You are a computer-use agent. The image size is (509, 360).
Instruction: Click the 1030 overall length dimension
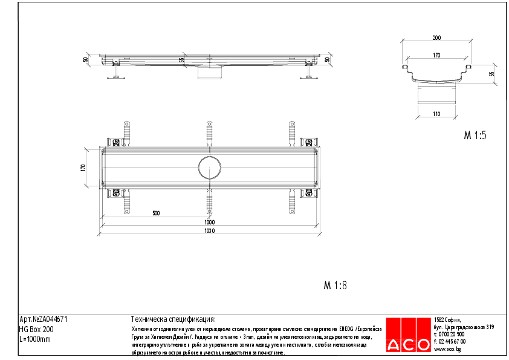pyautogui.click(x=209, y=231)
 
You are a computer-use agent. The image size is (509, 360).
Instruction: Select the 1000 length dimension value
pyautogui.click(x=209, y=222)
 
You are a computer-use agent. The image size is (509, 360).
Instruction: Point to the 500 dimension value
pyautogui.click(x=155, y=214)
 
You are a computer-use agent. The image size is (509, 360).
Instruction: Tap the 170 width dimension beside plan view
pyautogui.click(x=84, y=168)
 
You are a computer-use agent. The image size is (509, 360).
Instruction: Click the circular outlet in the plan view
pyautogui.click(x=209, y=167)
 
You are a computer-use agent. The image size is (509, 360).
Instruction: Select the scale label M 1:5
pyautogui.click(x=475, y=136)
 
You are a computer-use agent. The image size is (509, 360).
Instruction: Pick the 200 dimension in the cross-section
pyautogui.click(x=436, y=38)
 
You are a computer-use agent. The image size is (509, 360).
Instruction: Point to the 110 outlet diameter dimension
pyautogui.click(x=436, y=113)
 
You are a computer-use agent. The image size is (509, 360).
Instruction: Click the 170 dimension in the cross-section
pyautogui.click(x=436, y=55)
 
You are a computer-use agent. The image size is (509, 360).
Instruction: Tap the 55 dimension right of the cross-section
pyautogui.click(x=491, y=73)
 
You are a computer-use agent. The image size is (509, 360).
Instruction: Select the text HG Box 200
pyautogui.click(x=36, y=329)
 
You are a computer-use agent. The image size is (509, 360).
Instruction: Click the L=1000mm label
pyautogui.click(x=35, y=339)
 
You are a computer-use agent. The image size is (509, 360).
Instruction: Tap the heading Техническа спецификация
pyautogui.click(x=173, y=319)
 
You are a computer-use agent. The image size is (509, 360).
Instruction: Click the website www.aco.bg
pyautogui.click(x=449, y=349)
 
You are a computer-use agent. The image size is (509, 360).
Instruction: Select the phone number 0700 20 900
pyautogui.click(x=451, y=334)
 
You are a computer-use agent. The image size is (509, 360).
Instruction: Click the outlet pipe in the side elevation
pyautogui.click(x=209, y=73)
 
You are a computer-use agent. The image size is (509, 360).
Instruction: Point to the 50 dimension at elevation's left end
pyautogui.click(x=86, y=59)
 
